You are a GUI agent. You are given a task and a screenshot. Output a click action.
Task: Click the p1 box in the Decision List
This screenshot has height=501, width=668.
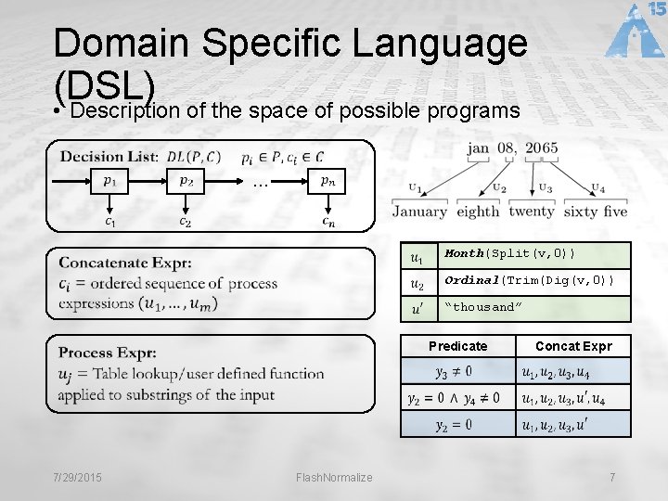coord(109,181)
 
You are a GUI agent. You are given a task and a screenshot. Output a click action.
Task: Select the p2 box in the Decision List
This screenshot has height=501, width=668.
coord(186,181)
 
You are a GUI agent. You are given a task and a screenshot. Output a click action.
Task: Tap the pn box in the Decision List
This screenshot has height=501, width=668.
coord(328,181)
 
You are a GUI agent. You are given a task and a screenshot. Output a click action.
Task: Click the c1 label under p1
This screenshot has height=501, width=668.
coord(109,221)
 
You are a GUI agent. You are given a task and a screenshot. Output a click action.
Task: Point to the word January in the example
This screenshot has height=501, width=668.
coord(419,212)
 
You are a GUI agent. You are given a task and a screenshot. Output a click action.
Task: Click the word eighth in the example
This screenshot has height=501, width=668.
coord(478,212)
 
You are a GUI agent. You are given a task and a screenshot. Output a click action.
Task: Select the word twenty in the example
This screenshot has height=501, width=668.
coord(532,212)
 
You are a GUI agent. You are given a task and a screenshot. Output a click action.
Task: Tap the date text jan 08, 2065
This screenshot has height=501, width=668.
coord(513,148)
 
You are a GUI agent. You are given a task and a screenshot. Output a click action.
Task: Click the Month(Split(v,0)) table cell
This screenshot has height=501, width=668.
coord(533,254)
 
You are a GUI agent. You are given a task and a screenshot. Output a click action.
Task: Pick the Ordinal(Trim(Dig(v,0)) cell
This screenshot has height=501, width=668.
coord(533,281)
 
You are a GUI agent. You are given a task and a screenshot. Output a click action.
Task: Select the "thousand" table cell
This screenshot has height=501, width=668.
coord(533,307)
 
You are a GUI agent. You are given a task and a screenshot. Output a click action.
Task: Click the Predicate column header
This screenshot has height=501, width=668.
coord(457,346)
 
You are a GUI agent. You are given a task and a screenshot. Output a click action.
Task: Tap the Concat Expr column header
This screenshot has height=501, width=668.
coord(573,346)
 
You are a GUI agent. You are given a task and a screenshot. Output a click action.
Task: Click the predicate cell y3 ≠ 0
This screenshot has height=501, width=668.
coord(454,372)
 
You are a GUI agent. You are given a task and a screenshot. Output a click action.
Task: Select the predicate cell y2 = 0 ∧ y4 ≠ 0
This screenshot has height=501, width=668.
coord(454,398)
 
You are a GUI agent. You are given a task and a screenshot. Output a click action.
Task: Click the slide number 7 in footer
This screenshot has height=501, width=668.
coord(612,477)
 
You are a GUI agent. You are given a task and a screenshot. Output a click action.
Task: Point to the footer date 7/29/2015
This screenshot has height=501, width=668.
coord(78,477)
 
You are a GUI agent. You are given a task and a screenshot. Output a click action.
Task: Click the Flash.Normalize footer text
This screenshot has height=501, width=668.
coord(334,477)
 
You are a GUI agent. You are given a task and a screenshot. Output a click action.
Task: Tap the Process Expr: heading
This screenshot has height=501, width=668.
coord(108,353)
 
